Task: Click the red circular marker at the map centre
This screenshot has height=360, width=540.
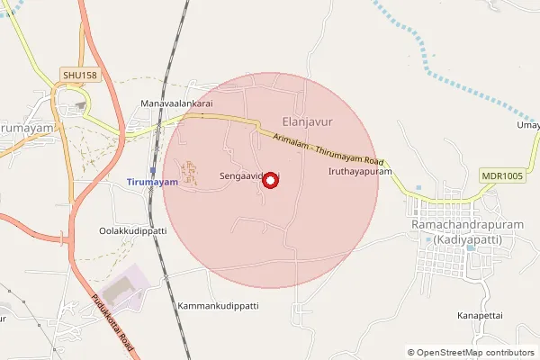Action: [270, 180]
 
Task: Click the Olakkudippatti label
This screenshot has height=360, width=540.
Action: [133, 231]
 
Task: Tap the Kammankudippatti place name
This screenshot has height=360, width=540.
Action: [218, 306]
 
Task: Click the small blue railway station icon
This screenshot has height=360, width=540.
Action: [153, 169]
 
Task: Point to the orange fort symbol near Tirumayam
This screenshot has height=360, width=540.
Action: [190, 171]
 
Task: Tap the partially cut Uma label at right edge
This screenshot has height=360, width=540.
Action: [528, 125]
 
